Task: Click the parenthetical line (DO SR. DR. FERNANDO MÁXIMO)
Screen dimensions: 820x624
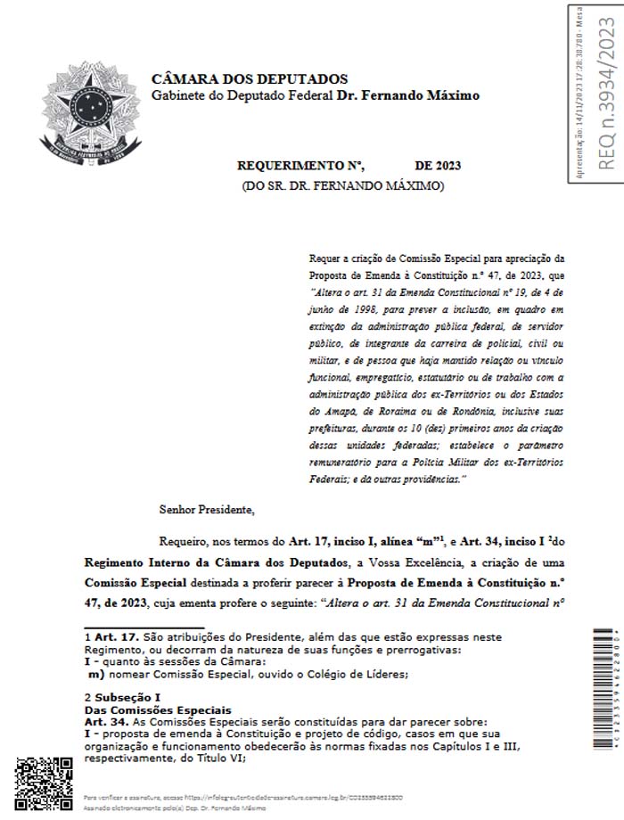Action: [x=343, y=185]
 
